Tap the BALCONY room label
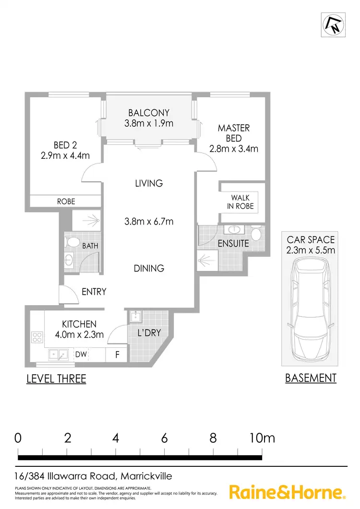(x=149, y=113)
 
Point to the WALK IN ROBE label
(x=240, y=202)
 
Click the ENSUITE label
(x=233, y=244)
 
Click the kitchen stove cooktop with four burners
(x=37, y=337)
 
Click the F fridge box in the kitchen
(x=117, y=355)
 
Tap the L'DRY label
(x=149, y=332)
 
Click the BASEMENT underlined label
(x=311, y=378)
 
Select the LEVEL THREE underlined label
(x=56, y=379)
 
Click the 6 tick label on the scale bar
(x=164, y=438)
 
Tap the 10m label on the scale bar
(x=262, y=438)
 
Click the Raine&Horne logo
(x=287, y=492)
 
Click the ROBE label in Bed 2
(x=66, y=201)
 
